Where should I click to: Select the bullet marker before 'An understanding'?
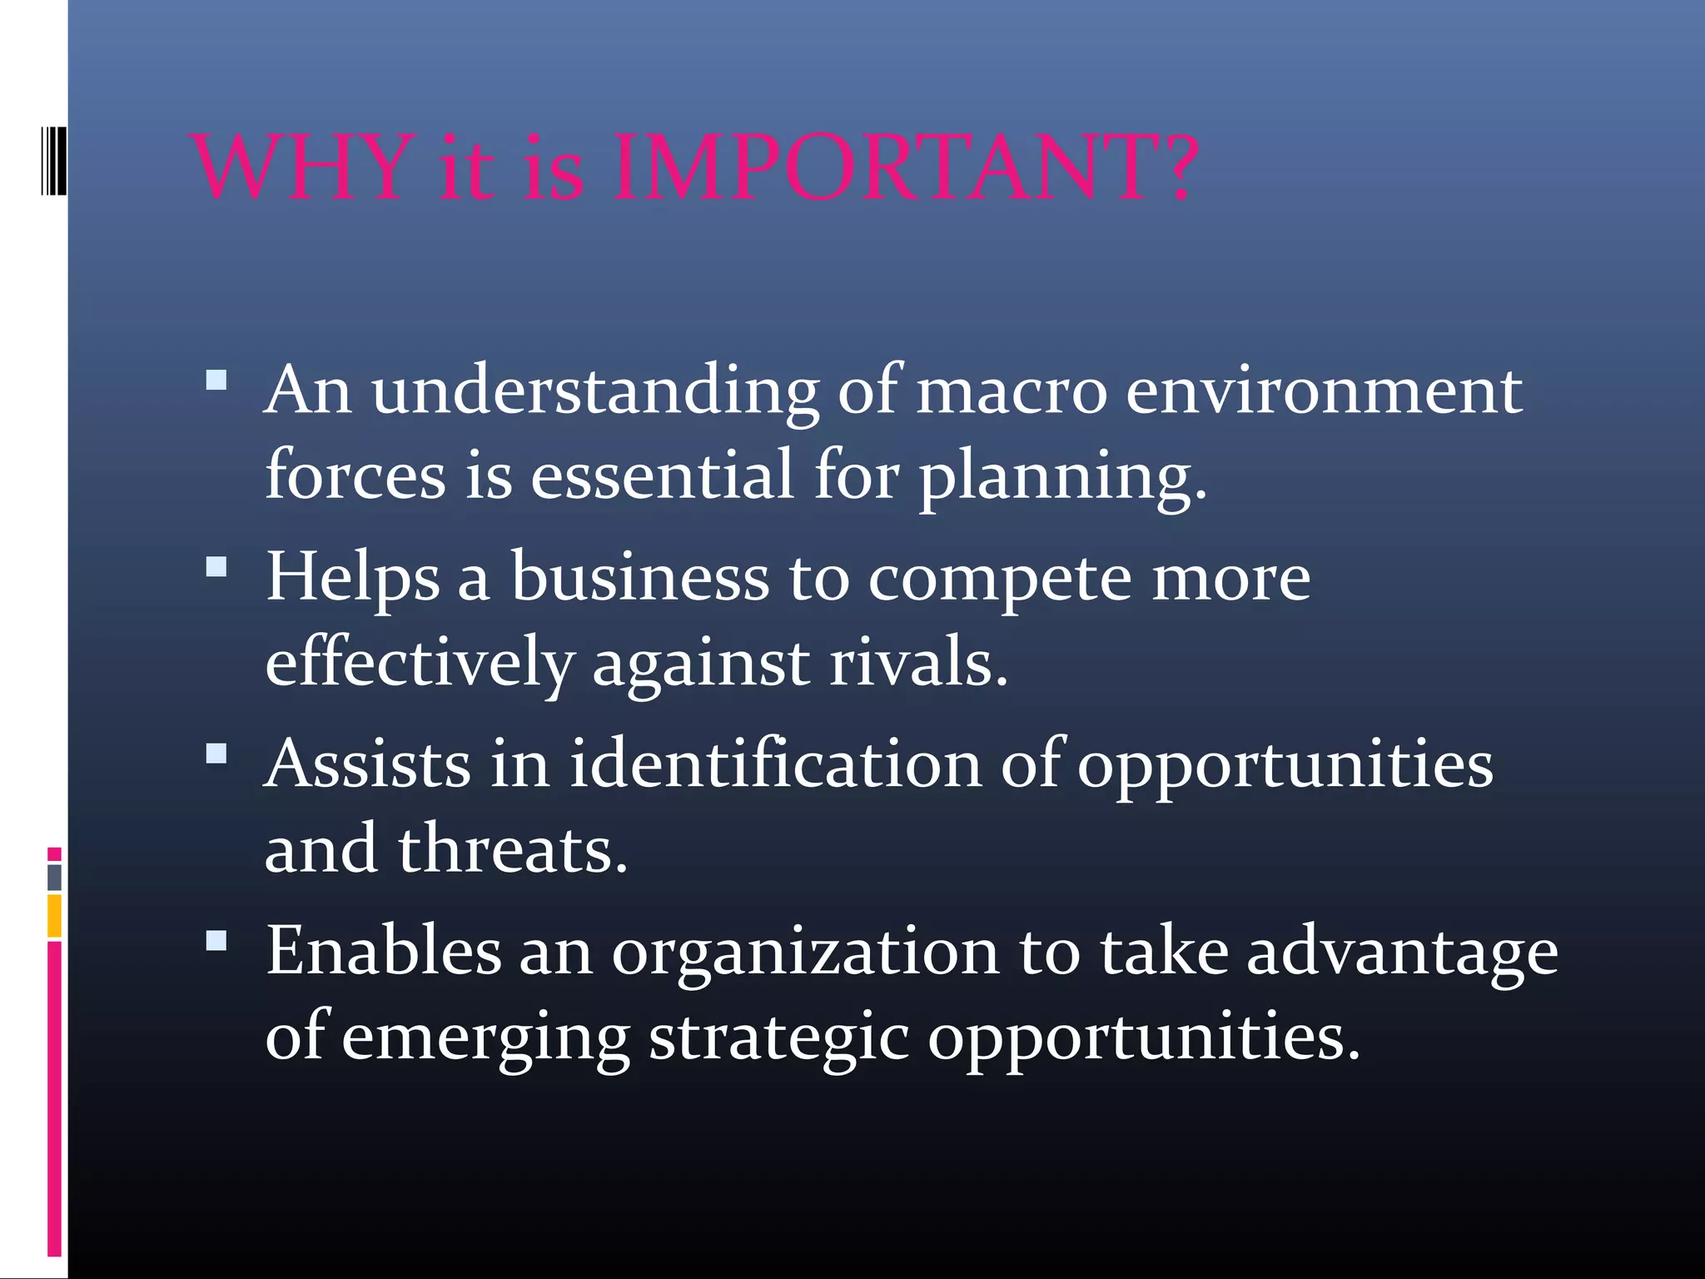click(216, 381)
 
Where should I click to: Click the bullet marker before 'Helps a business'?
click(216, 567)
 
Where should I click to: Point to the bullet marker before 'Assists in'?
click(216, 754)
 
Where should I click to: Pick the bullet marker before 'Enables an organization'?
click(216, 941)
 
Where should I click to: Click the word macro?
click(1012, 391)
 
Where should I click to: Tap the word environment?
click(1324, 391)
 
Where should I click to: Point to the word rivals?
click(919, 664)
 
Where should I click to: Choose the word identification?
click(775, 764)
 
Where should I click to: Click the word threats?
click(512, 850)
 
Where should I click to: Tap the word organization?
click(805, 953)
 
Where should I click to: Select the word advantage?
click(1402, 953)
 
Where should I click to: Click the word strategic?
click(778, 1039)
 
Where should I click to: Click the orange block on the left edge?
click(54, 916)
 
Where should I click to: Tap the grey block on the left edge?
click(54, 878)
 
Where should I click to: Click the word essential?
click(662, 475)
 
